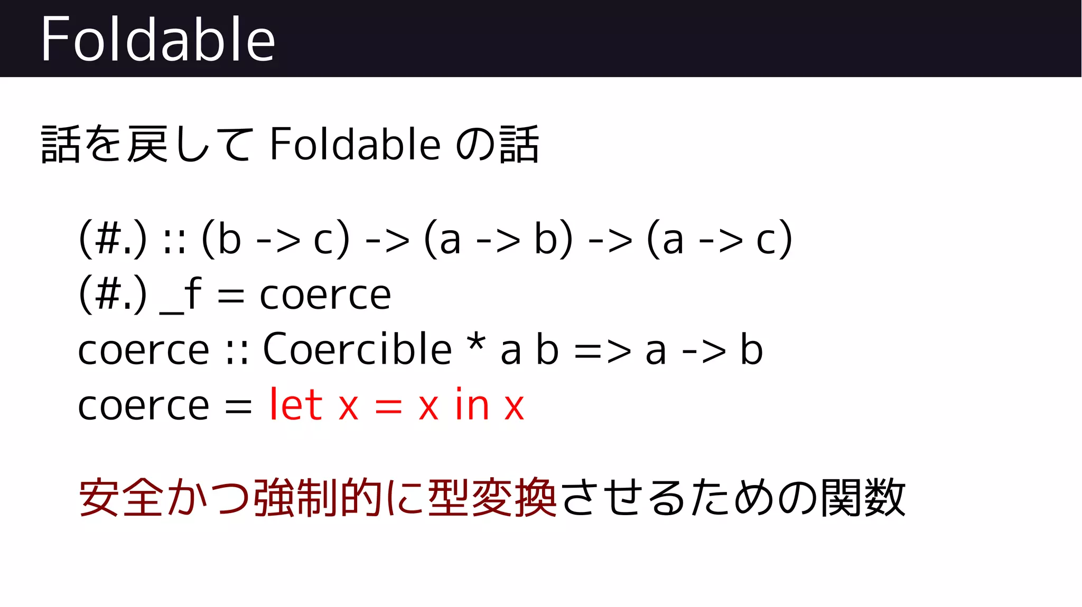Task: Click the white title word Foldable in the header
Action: click(x=157, y=39)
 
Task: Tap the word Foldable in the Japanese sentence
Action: click(x=355, y=144)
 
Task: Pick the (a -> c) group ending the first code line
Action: click(x=720, y=239)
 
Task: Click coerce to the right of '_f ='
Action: click(x=325, y=296)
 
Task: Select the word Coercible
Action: click(x=357, y=349)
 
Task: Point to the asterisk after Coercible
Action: click(x=476, y=342)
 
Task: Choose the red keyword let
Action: click(x=295, y=405)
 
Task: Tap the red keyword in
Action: click(x=472, y=405)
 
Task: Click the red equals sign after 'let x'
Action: click(x=388, y=406)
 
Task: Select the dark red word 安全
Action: click(x=121, y=497)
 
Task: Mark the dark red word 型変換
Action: click(x=492, y=497)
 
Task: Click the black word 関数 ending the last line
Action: click(x=863, y=497)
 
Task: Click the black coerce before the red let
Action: click(x=144, y=406)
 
